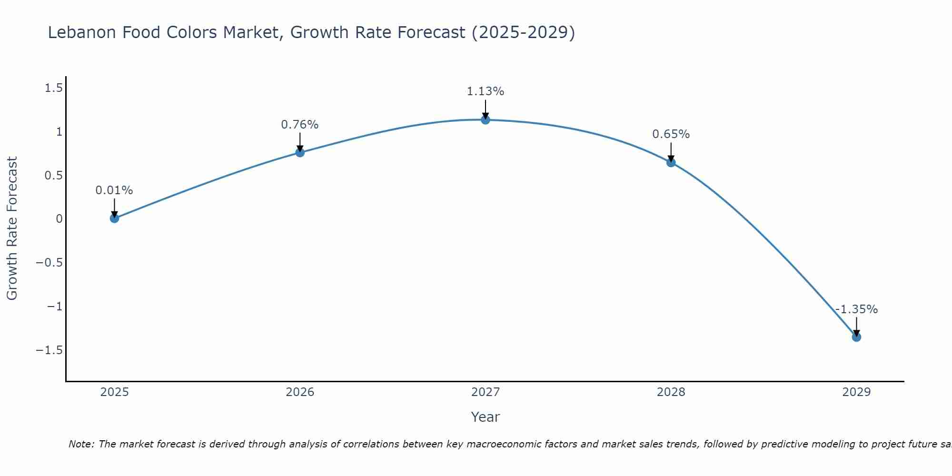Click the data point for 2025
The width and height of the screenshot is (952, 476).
pyautogui.click(x=114, y=218)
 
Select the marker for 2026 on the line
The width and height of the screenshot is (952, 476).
pyautogui.click(x=300, y=152)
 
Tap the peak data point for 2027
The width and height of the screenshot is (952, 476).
pyautogui.click(x=486, y=120)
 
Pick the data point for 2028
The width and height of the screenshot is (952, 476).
pyautogui.click(x=671, y=162)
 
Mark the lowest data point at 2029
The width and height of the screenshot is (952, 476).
pyautogui.click(x=856, y=337)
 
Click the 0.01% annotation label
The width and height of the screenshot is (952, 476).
pyautogui.click(x=114, y=190)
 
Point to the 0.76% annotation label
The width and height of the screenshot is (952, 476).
pyautogui.click(x=300, y=125)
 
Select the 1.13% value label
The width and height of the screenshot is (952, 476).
pyautogui.click(x=486, y=91)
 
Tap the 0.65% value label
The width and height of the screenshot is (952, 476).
pyautogui.click(x=671, y=134)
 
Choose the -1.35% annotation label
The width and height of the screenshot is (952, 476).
pyautogui.click(x=856, y=309)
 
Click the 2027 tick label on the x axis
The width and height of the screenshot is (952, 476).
pyautogui.click(x=486, y=392)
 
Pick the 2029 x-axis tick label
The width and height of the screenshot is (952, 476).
pyautogui.click(x=856, y=392)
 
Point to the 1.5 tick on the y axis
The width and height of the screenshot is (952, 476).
pyautogui.click(x=54, y=88)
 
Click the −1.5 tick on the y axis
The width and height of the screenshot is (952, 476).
pyautogui.click(x=50, y=350)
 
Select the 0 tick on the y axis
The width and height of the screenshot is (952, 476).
pyautogui.click(x=59, y=219)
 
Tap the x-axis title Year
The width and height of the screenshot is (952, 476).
pyautogui.click(x=486, y=417)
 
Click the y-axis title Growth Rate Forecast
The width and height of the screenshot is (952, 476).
pyautogui.click(x=12, y=228)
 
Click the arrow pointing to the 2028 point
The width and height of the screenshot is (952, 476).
pyautogui.click(x=671, y=152)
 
